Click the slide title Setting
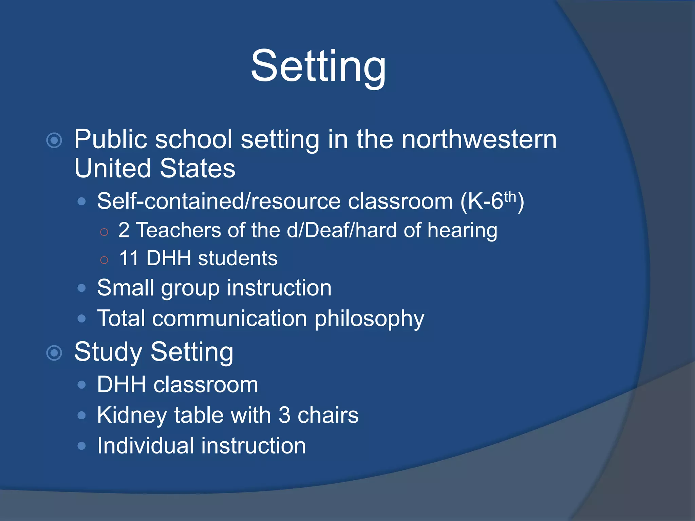pos(318,66)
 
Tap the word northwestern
pos(479,139)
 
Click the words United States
pos(155,169)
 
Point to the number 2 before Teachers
pos(124,230)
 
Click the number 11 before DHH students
pos(129,258)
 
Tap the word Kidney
pos(132,415)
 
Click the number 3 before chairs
pos(284,415)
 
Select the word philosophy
pos(369,319)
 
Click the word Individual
pos(145,446)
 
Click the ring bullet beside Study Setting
pos(54,353)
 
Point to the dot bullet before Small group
pos(81,288)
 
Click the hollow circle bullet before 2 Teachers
pos(104,232)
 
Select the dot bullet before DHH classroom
pos(81,385)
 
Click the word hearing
pos(462,231)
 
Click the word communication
pos(229,319)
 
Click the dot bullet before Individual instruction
pos(81,446)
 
